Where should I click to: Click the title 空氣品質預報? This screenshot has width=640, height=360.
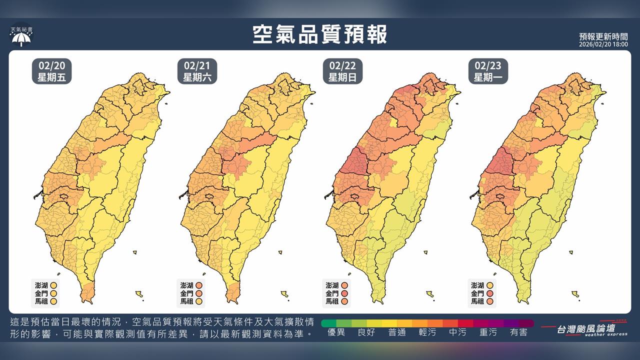pyautogui.click(x=320, y=35)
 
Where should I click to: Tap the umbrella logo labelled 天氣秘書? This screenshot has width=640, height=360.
pyautogui.click(x=21, y=37)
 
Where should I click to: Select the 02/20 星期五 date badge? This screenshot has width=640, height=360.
pyautogui.click(x=51, y=71)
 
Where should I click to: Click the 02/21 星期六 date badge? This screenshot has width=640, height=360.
pyautogui.click(x=196, y=71)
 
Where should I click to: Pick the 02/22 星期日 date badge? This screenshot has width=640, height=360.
pyautogui.click(x=342, y=71)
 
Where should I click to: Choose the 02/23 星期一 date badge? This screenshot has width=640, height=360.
pyautogui.click(x=487, y=71)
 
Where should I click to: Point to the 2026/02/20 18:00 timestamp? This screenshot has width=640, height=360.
pyautogui.click(x=603, y=44)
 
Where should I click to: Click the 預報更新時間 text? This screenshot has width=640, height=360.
pyautogui.click(x=603, y=36)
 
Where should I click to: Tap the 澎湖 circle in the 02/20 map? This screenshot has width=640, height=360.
pyautogui.click(x=53, y=285)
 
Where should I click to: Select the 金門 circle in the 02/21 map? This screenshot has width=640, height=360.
pyautogui.click(x=198, y=293)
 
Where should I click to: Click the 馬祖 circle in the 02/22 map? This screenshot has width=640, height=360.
pyautogui.click(x=344, y=301)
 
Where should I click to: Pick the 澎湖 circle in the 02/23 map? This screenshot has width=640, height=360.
pyautogui.click(x=489, y=285)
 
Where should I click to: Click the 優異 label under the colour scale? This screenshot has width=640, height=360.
pyautogui.click(x=336, y=332)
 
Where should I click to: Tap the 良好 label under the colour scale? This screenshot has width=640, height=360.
pyautogui.click(x=366, y=332)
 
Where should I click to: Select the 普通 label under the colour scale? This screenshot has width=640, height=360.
pyautogui.click(x=397, y=332)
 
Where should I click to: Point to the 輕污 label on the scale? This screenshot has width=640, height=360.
pyautogui.click(x=427, y=332)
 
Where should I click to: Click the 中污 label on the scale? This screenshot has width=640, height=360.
pyautogui.click(x=458, y=332)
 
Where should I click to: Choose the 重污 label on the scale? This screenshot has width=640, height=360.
pyautogui.click(x=488, y=332)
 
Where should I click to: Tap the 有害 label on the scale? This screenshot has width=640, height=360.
pyautogui.click(x=518, y=332)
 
